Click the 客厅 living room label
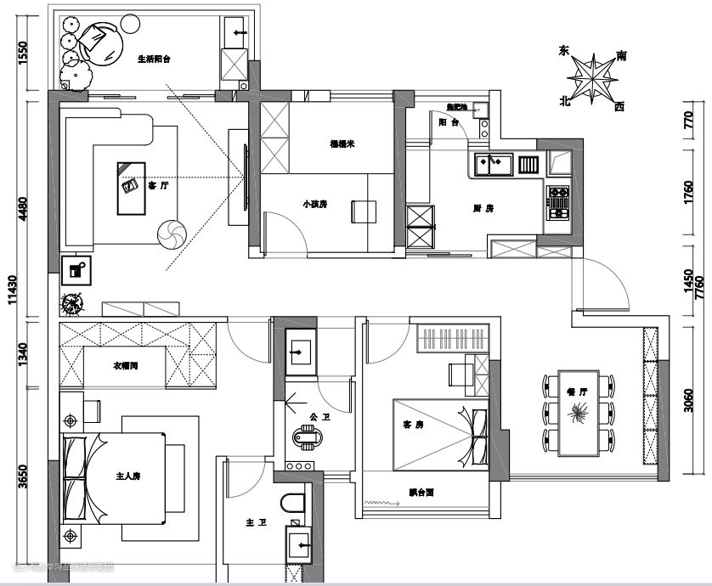(x=157, y=184)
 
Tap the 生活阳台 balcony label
(x=155, y=59)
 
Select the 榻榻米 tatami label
(x=342, y=144)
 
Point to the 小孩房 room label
(x=314, y=204)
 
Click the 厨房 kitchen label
(x=483, y=208)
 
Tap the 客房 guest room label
(x=413, y=424)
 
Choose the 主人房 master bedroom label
(x=127, y=477)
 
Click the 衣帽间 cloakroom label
(x=126, y=367)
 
